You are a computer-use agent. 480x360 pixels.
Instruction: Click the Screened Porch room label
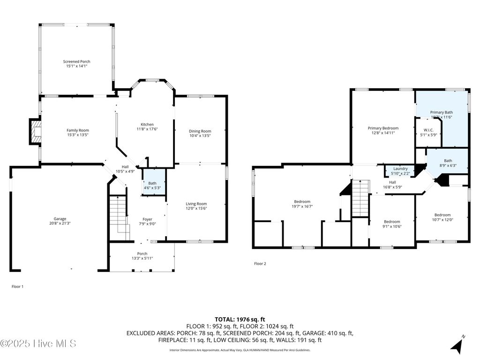77,61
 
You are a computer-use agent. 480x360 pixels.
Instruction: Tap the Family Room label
77,130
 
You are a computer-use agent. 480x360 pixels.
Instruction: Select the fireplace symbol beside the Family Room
35,131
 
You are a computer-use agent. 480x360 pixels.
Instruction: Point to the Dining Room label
200,131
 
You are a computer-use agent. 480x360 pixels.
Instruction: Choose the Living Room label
196,203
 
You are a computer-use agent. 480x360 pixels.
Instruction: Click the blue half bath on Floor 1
154,182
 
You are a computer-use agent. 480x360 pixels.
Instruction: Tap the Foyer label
147,219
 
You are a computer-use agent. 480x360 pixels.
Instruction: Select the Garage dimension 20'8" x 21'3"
60,223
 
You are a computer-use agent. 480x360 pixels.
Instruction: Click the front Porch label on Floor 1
142,254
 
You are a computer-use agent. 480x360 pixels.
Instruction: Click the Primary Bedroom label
383,128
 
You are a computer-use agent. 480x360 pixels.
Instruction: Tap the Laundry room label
400,169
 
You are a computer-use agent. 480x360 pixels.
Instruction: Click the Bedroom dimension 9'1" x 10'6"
392,226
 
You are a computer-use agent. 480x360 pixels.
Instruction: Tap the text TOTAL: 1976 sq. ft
240,319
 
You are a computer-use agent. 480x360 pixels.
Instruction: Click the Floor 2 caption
260,264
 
